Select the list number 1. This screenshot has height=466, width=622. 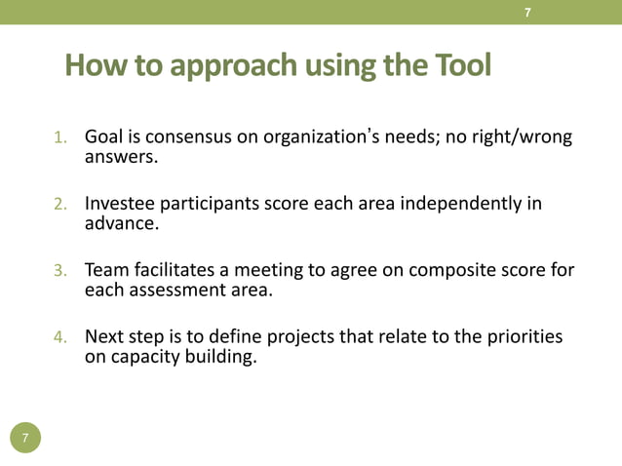pos(59,137)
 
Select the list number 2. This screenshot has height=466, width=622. pos(59,205)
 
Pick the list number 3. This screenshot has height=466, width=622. pos(59,271)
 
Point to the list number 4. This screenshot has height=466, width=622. pos(59,337)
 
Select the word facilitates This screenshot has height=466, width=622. pos(181,270)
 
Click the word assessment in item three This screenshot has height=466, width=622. pos(176,290)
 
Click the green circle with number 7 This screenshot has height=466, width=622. pos(26,438)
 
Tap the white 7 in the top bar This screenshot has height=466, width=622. pos(527,12)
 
